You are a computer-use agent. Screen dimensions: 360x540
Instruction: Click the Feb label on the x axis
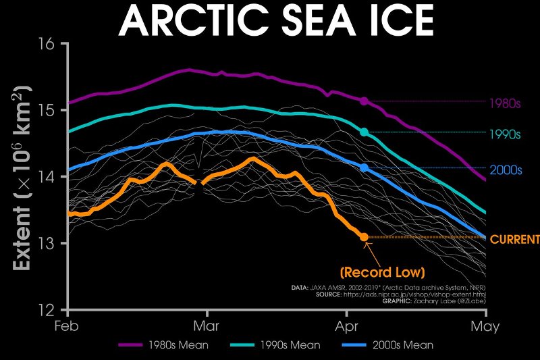click(x=68, y=326)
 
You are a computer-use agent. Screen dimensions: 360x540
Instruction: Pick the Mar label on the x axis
click(x=207, y=326)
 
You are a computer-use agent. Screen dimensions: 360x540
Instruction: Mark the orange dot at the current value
click(x=364, y=237)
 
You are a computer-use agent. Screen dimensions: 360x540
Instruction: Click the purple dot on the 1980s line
click(x=364, y=101)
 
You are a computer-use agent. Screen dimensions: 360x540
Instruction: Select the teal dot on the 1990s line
click(x=364, y=132)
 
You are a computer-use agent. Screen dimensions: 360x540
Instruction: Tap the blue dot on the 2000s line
click(x=364, y=168)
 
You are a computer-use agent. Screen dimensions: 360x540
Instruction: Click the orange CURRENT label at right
click(x=514, y=240)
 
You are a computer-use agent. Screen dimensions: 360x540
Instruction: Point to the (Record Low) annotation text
click(x=383, y=273)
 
